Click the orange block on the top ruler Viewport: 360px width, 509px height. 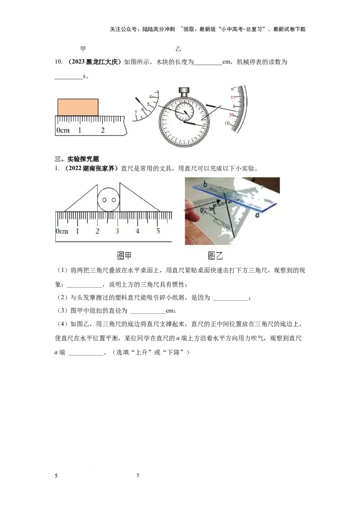coord(78,107)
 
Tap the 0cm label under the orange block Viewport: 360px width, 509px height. coord(63,130)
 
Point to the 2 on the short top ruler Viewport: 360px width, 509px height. coord(103,130)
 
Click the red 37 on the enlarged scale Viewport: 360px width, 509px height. coord(233,97)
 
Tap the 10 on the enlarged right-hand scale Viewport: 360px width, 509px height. coord(228,123)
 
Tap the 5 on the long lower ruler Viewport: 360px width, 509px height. coord(157,231)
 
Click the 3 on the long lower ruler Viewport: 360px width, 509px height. coord(117,231)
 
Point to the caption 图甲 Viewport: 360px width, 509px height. coord(124,256)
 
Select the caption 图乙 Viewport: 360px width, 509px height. coord(216,256)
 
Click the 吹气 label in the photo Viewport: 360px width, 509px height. coord(208,210)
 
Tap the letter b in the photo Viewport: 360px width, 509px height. coord(205,184)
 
